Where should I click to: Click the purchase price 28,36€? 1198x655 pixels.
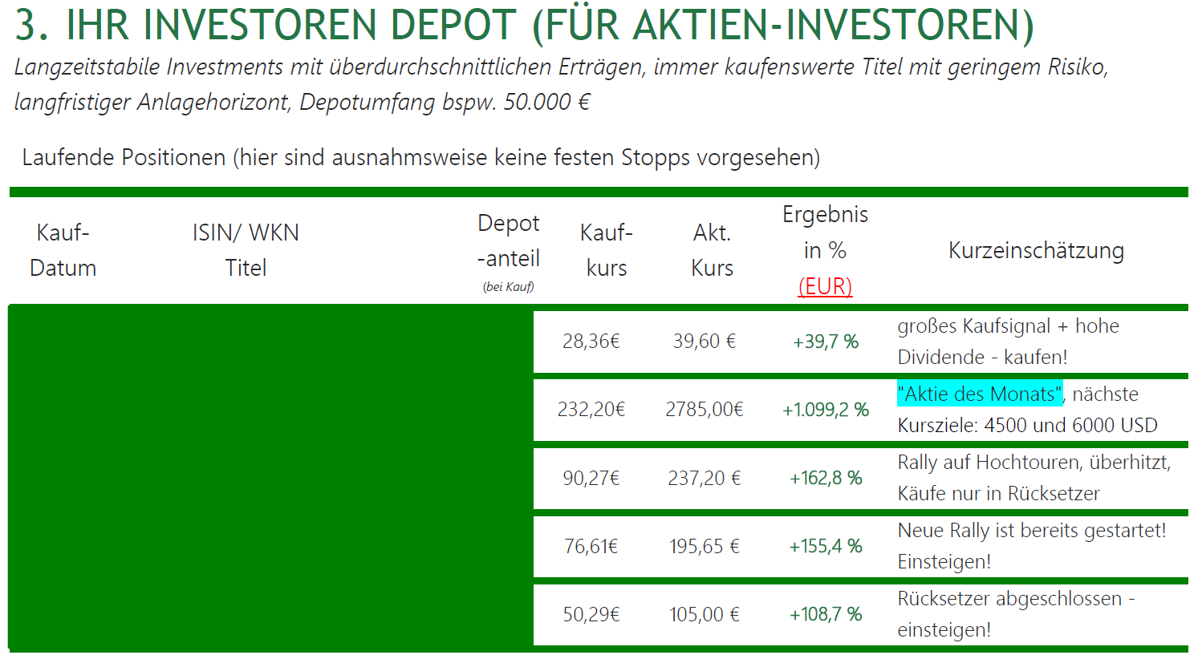point(591,342)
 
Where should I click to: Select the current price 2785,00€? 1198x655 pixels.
point(704,410)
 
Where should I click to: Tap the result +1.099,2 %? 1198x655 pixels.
point(826,410)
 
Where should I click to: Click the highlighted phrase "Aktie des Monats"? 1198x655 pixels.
point(979,394)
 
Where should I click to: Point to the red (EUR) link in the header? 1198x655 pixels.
point(825,286)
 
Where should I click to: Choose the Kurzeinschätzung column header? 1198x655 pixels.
point(1036,251)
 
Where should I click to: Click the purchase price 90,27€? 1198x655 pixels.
point(591,479)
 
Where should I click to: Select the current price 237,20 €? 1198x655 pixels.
point(704,479)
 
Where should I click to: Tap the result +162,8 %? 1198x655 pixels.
point(826,479)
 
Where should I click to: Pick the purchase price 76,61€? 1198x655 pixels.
point(591,547)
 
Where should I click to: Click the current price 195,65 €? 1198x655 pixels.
point(704,547)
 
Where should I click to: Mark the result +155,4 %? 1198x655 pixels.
point(826,547)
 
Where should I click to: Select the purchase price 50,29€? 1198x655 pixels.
point(591,615)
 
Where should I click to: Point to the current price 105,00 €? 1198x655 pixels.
point(704,615)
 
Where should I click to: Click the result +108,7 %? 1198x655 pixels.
point(826,615)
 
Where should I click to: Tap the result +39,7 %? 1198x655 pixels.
point(826,342)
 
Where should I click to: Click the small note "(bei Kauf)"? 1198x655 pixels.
point(509,287)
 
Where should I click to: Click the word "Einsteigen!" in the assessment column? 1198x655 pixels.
point(944,562)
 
